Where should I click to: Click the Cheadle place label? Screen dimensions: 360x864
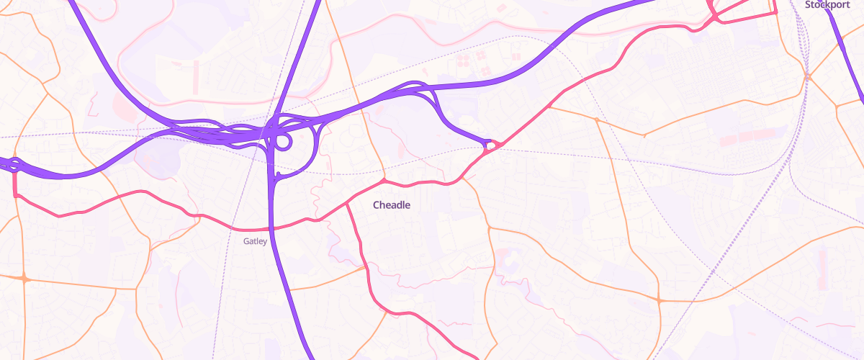392,205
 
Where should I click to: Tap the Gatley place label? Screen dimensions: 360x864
255,241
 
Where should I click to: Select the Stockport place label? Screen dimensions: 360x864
827,4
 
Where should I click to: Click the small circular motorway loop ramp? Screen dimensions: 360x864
283,142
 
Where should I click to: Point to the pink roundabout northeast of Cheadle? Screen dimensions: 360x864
490,146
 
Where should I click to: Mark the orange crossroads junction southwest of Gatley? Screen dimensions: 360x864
24,278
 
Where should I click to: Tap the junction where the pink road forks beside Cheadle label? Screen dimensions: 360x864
348,204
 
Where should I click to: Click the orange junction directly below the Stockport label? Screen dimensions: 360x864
808,76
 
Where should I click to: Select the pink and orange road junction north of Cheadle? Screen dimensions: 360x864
384,180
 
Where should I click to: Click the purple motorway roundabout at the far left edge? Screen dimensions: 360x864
14,164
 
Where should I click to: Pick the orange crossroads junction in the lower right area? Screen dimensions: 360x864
659,300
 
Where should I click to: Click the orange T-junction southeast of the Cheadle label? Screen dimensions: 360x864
489,228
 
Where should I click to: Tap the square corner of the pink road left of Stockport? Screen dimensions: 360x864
775,13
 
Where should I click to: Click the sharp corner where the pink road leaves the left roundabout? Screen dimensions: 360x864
14,194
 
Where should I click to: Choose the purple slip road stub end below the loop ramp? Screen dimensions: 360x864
278,175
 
